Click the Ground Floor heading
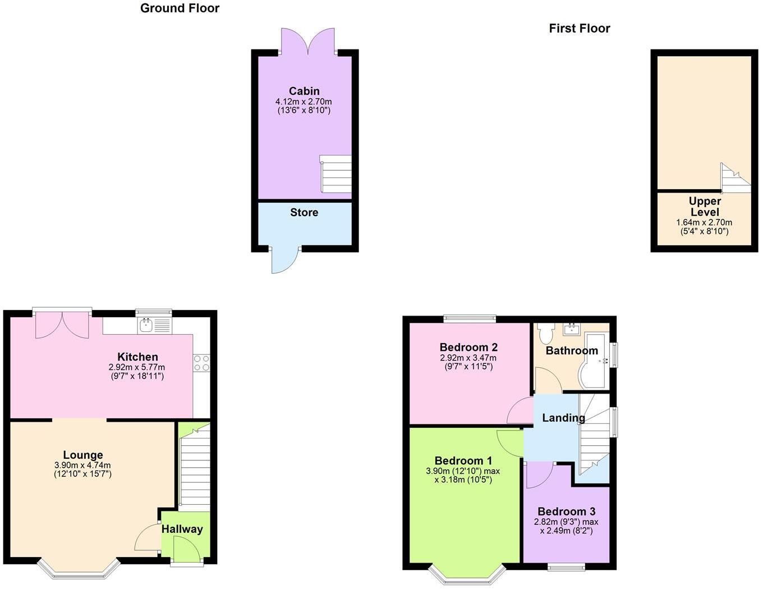[x=180, y=8]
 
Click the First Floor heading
[x=579, y=29]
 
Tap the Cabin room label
[x=304, y=91]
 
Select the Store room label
[x=304, y=213]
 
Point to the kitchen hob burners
[x=201, y=363]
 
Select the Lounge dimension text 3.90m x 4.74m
[x=82, y=465]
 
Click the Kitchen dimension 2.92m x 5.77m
[x=137, y=367]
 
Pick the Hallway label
[x=182, y=529]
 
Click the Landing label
[x=563, y=418]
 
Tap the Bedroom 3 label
[x=566, y=512]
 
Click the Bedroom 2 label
[x=468, y=348]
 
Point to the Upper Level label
[x=705, y=207]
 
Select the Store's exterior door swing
[x=285, y=259]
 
